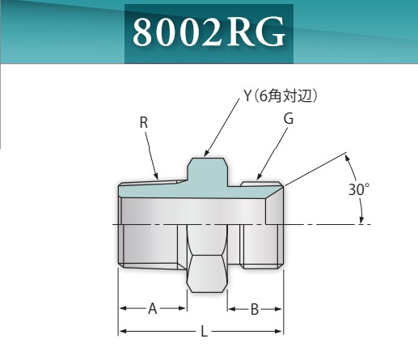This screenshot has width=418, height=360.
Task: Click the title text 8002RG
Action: [x=209, y=33]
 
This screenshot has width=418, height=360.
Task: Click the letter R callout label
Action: [x=143, y=123]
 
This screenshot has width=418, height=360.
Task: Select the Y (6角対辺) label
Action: [x=280, y=95]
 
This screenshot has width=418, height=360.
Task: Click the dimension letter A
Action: [x=152, y=308]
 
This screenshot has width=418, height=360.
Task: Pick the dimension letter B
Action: [x=254, y=308]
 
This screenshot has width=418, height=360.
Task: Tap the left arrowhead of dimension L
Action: [x=122, y=332]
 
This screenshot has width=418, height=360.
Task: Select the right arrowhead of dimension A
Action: [x=184, y=308]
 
